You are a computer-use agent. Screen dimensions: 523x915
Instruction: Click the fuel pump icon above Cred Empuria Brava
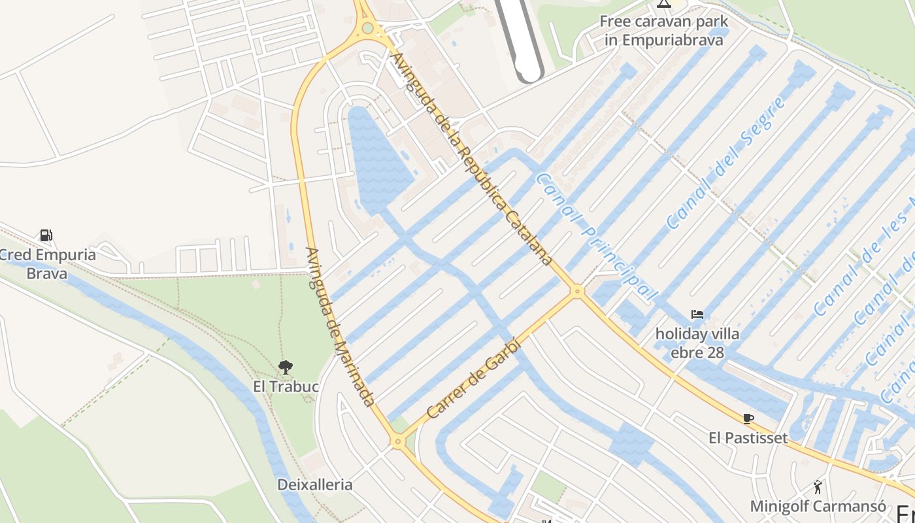click(46, 235)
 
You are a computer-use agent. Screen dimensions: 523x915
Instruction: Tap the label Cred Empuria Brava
click(47, 263)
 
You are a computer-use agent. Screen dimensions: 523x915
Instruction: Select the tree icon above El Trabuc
click(286, 367)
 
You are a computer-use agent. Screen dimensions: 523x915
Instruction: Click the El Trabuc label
click(286, 386)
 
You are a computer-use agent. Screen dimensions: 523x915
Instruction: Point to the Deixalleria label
click(315, 485)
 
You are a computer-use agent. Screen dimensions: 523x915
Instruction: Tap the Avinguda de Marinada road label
click(340, 327)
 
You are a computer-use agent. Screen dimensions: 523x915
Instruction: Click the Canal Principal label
click(596, 237)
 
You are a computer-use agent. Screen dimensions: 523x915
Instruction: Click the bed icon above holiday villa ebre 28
click(697, 314)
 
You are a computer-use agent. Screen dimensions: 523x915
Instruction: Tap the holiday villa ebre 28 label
click(697, 343)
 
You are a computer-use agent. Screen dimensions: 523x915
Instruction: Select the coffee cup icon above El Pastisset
click(748, 418)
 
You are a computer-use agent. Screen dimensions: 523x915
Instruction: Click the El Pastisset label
click(748, 437)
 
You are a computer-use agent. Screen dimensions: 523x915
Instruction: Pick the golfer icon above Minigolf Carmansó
click(818, 487)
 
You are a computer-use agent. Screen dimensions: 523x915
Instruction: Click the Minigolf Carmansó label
click(818, 507)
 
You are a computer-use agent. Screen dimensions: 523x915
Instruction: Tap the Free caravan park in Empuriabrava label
click(664, 30)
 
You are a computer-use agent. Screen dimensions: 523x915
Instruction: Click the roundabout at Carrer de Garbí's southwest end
click(398, 442)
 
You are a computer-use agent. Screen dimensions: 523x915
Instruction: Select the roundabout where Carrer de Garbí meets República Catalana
click(576, 292)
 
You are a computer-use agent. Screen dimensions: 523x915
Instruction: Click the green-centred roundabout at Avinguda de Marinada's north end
click(368, 28)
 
